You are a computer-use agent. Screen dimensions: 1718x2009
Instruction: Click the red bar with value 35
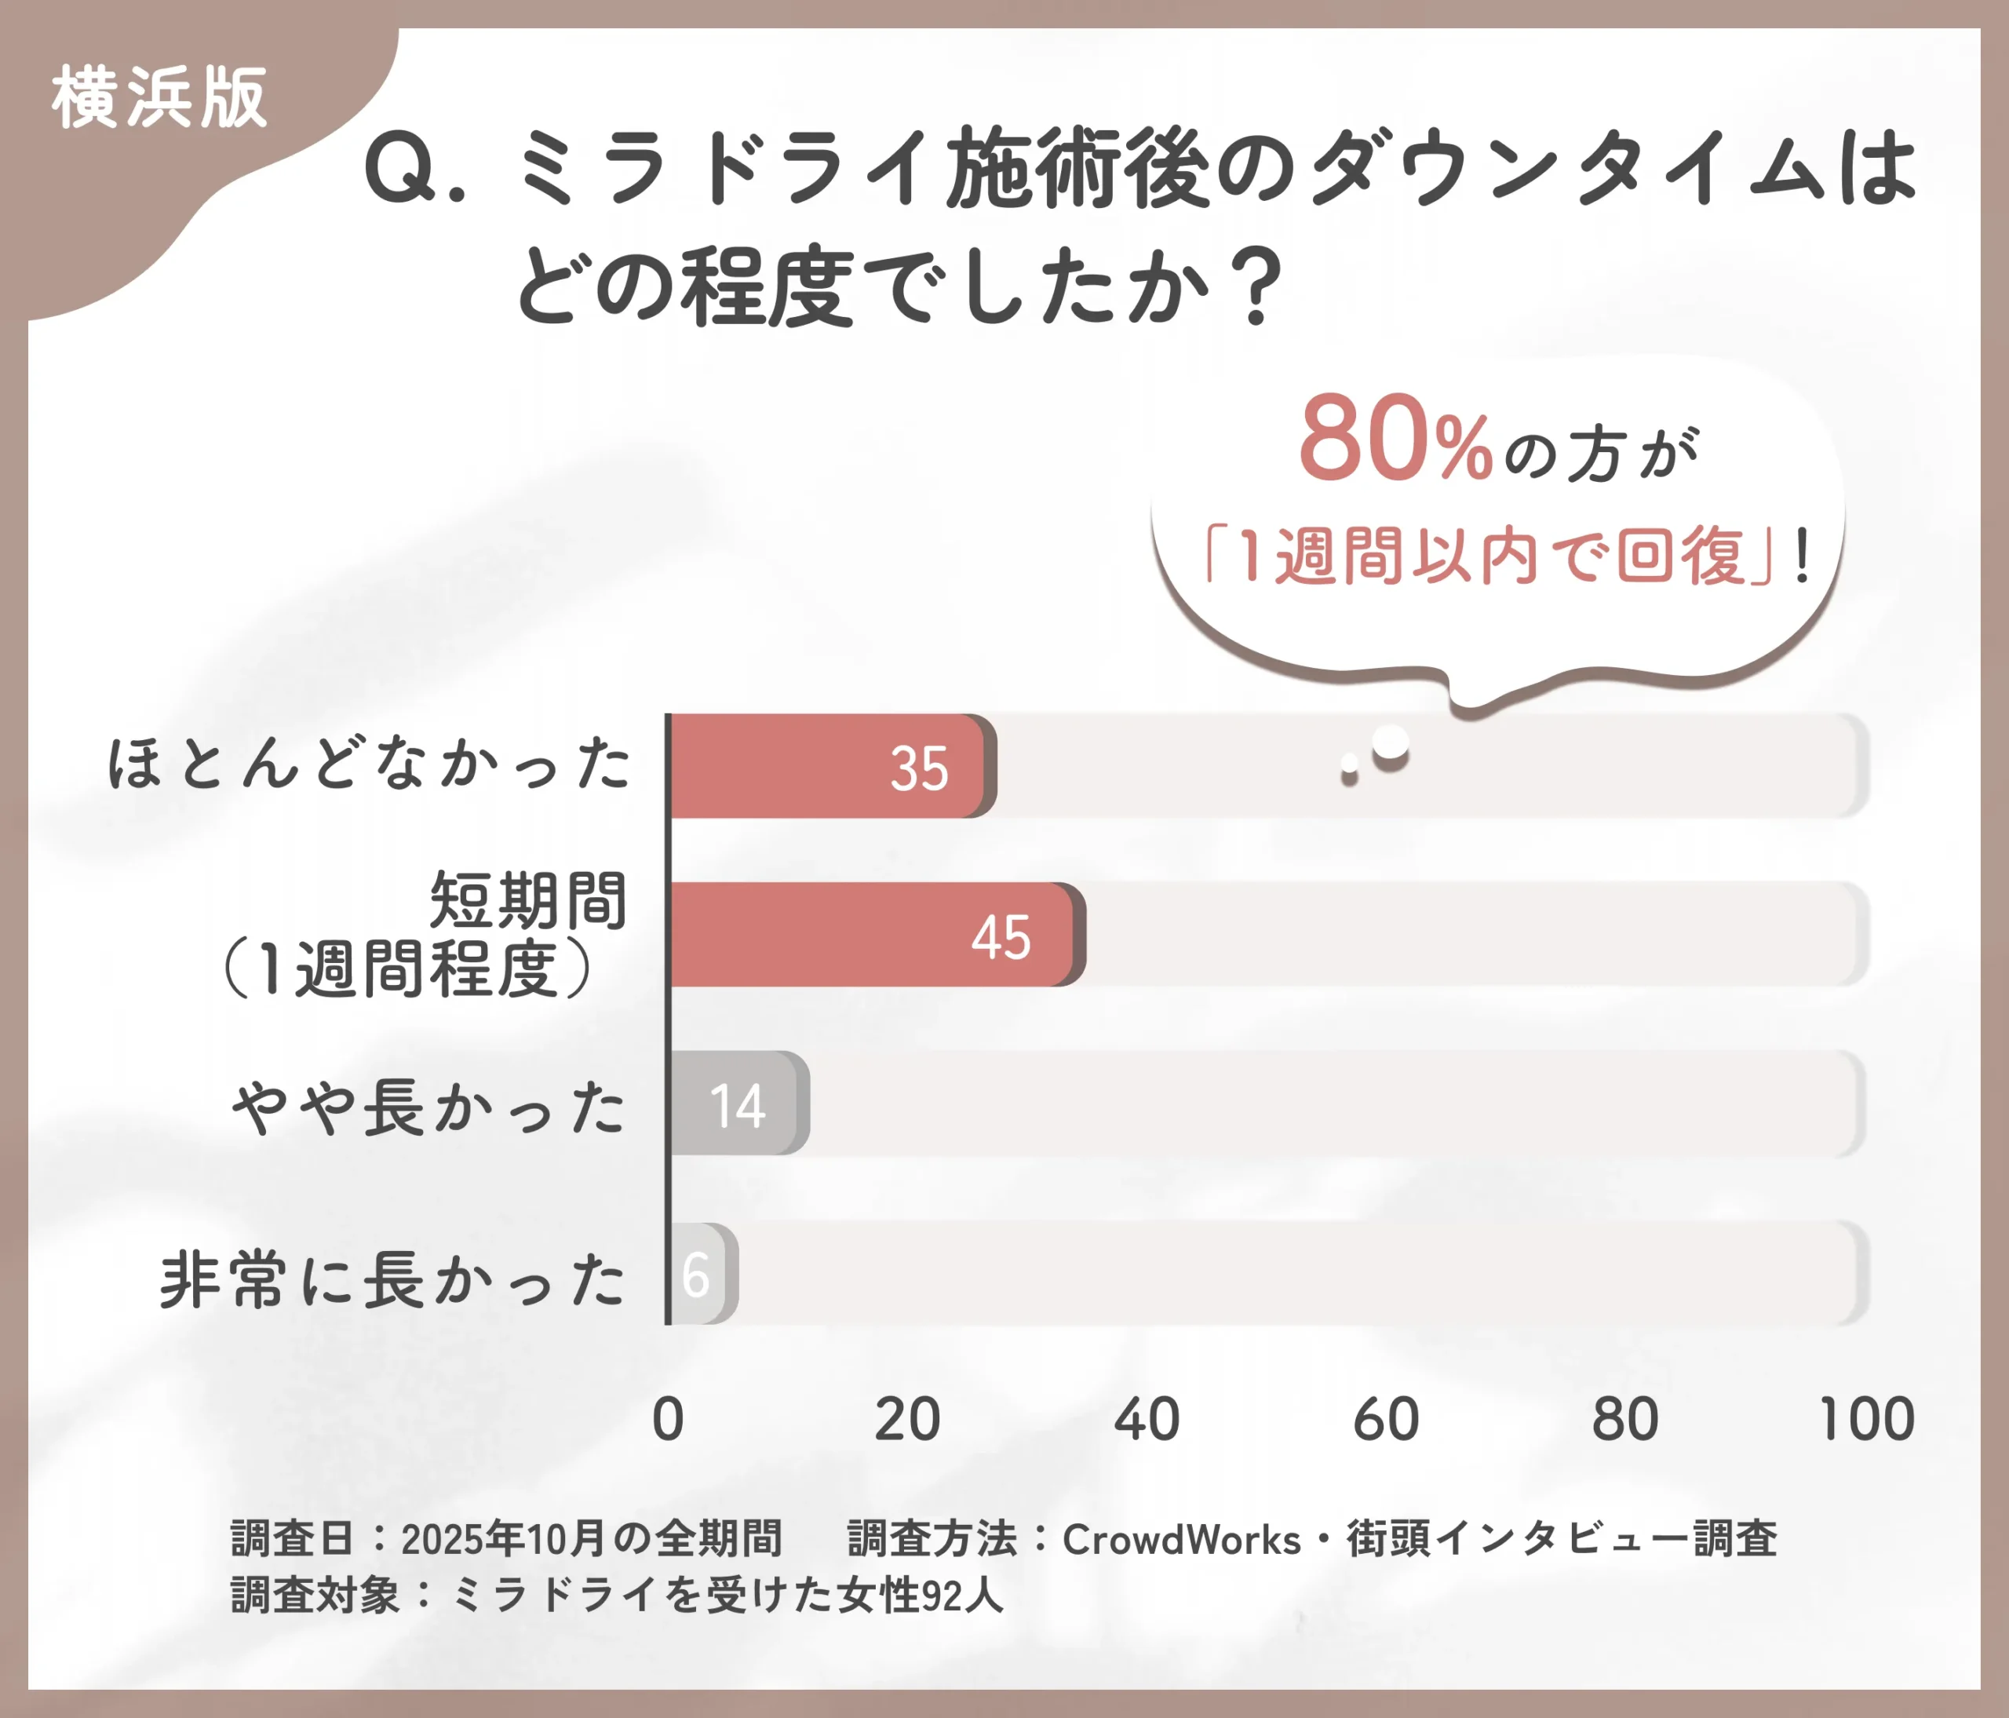point(829,766)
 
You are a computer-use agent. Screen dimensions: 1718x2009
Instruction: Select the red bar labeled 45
point(873,935)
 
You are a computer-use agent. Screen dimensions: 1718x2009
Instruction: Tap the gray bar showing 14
point(737,1103)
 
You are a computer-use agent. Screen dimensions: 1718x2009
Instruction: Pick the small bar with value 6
point(700,1274)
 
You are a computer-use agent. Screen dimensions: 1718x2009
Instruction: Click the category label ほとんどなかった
point(368,763)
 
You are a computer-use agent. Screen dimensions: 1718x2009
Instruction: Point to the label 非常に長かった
point(392,1280)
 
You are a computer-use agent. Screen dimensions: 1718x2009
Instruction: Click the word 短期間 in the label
point(528,899)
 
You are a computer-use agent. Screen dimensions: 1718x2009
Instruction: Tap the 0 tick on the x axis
point(668,1420)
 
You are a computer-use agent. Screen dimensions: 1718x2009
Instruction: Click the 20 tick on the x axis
point(906,1420)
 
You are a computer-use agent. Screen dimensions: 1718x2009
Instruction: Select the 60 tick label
point(1386,1420)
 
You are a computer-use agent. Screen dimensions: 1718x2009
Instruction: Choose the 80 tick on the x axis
point(1625,1420)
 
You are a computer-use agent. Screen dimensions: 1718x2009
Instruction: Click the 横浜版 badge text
point(159,98)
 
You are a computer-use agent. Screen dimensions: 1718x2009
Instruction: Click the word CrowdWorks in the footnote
point(1181,1540)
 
